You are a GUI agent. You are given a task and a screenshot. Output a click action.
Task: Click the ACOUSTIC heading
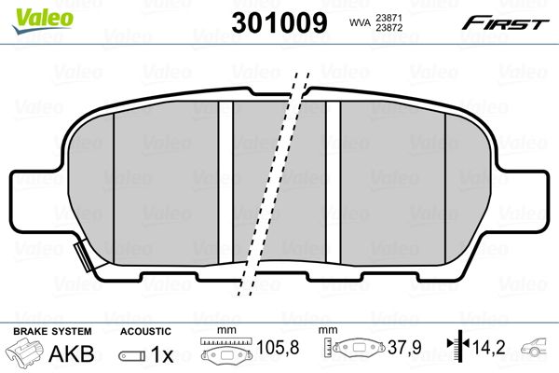(x=144, y=331)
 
